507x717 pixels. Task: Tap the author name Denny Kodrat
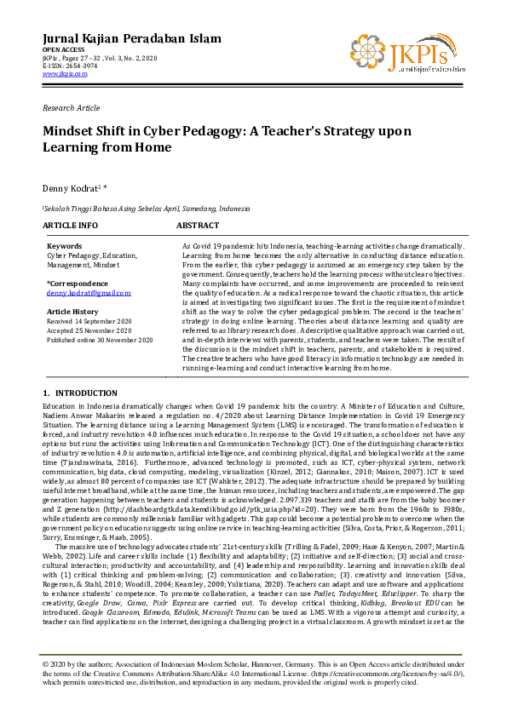coord(71,186)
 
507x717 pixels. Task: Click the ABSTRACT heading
coord(198,227)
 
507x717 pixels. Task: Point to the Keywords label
coord(64,246)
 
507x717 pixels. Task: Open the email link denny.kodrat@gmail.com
coord(89,292)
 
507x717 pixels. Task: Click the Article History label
coord(72,313)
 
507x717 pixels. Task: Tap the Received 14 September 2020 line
coord(89,322)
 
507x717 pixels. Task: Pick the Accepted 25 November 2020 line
coord(88,330)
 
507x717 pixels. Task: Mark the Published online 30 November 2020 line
coord(100,340)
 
